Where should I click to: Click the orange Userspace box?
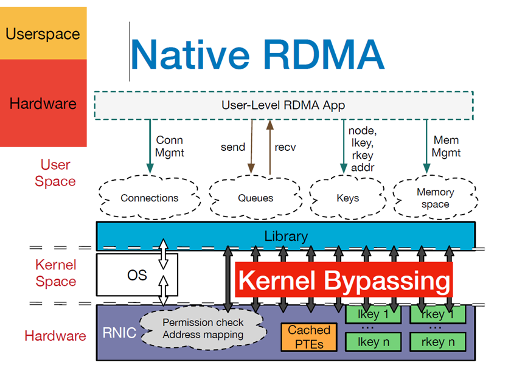click(x=43, y=33)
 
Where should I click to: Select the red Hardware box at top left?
click(x=43, y=103)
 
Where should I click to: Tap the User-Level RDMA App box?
click(x=283, y=105)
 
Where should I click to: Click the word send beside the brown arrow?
click(x=232, y=147)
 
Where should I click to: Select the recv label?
click(x=285, y=147)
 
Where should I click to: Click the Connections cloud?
click(x=149, y=198)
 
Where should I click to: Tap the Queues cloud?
click(x=255, y=198)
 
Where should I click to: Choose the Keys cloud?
click(x=347, y=198)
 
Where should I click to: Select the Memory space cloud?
click(x=435, y=198)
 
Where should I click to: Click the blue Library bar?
click(x=286, y=236)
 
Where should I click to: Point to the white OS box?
click(x=137, y=275)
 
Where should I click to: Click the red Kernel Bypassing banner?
click(x=344, y=280)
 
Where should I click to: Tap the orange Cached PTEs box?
click(x=309, y=336)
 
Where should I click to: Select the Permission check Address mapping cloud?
click(x=203, y=328)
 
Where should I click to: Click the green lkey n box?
click(x=373, y=342)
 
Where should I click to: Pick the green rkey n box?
click(x=437, y=342)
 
